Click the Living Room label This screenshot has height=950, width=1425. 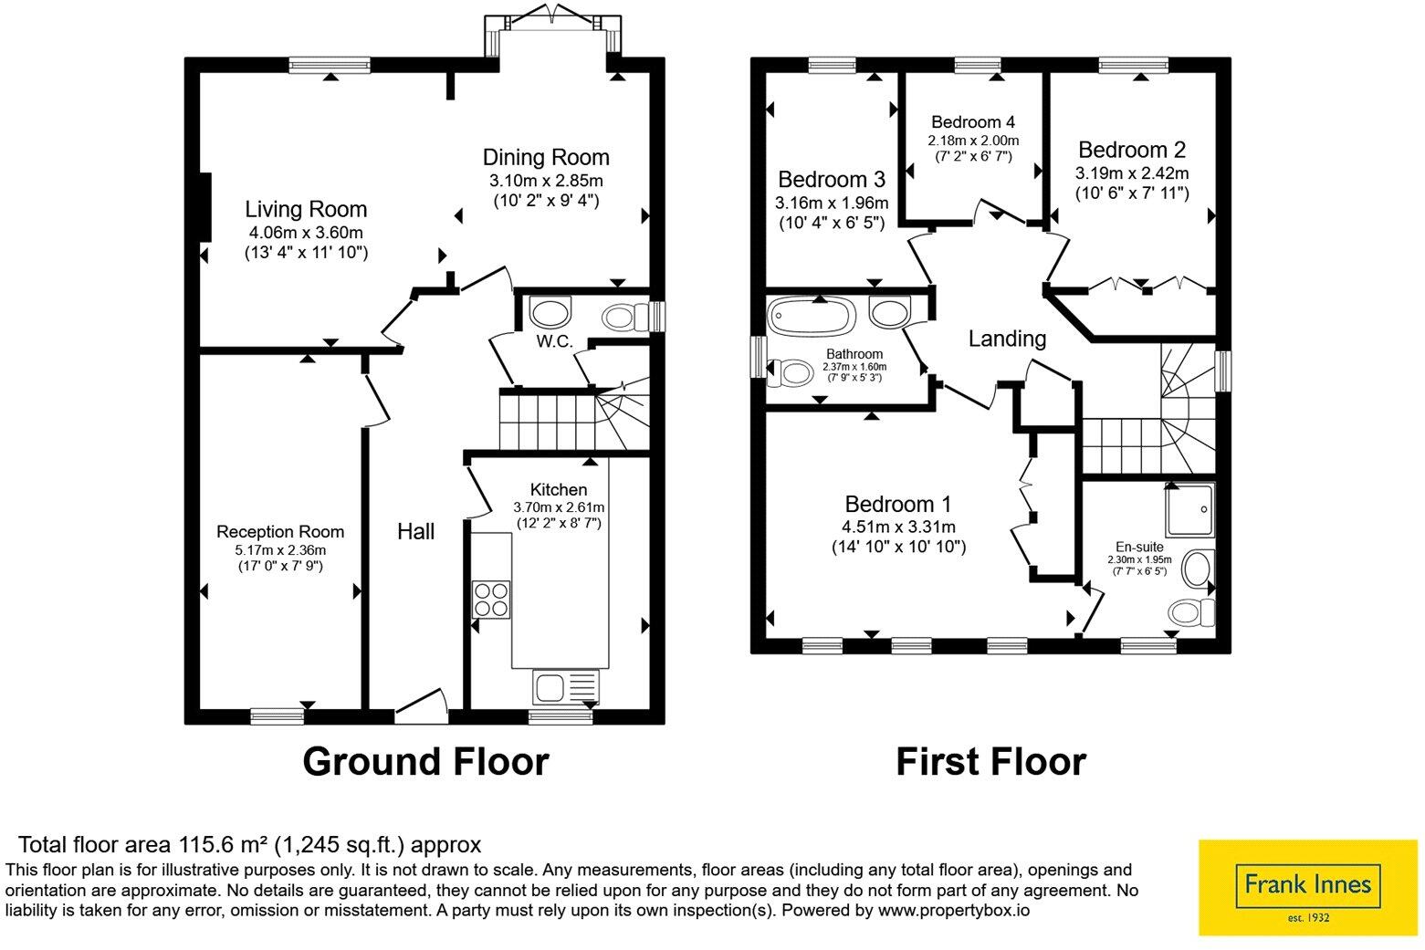point(306,209)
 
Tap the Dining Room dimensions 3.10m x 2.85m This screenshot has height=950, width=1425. point(546,181)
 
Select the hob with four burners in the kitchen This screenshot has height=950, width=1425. point(491,600)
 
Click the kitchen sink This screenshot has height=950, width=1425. point(566,687)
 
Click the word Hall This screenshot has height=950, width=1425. point(415,532)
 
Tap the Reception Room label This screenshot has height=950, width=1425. point(280,532)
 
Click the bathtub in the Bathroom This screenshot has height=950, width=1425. point(812,316)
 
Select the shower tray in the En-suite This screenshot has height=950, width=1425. point(1189,509)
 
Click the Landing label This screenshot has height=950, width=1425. point(1007,339)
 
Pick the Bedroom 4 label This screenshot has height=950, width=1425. point(973,122)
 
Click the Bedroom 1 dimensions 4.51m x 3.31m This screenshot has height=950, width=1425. point(898,527)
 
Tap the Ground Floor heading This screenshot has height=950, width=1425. point(425,762)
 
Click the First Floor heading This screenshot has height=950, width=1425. point(990,762)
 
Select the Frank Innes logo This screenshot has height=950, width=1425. point(1308,888)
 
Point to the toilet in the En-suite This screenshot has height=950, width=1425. point(1191,612)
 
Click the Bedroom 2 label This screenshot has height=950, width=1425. point(1132,150)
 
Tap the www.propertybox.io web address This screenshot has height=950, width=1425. point(954,911)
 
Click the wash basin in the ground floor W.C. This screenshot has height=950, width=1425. point(550,313)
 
